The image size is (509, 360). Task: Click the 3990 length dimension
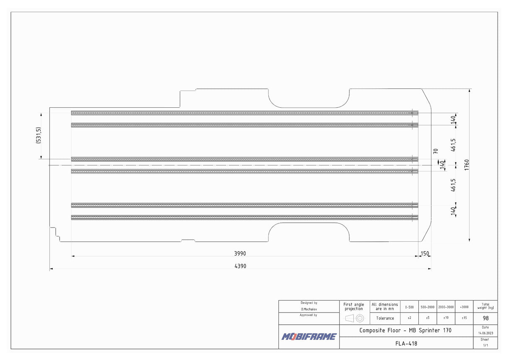(x=240, y=254)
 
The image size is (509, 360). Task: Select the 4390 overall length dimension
(x=240, y=266)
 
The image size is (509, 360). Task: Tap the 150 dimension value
(x=425, y=254)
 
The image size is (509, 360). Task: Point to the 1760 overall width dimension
(x=466, y=165)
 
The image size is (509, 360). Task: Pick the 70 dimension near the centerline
(x=436, y=151)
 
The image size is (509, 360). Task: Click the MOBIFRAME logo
(x=309, y=337)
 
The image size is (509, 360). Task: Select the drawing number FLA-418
(x=406, y=343)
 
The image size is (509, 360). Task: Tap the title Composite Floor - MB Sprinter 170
(x=405, y=330)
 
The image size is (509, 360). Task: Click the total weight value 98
(x=486, y=318)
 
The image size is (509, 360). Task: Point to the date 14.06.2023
(x=486, y=333)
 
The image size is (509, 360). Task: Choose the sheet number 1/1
(x=486, y=345)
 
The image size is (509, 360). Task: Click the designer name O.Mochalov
(x=309, y=309)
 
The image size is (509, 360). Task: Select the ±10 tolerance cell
(x=446, y=318)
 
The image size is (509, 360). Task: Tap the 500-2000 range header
(x=428, y=307)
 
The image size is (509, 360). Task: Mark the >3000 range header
(x=464, y=307)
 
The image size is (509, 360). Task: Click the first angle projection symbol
(x=354, y=318)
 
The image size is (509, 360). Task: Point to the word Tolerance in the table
(x=385, y=318)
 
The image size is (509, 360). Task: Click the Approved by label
(x=309, y=315)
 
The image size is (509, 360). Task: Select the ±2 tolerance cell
(x=409, y=318)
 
